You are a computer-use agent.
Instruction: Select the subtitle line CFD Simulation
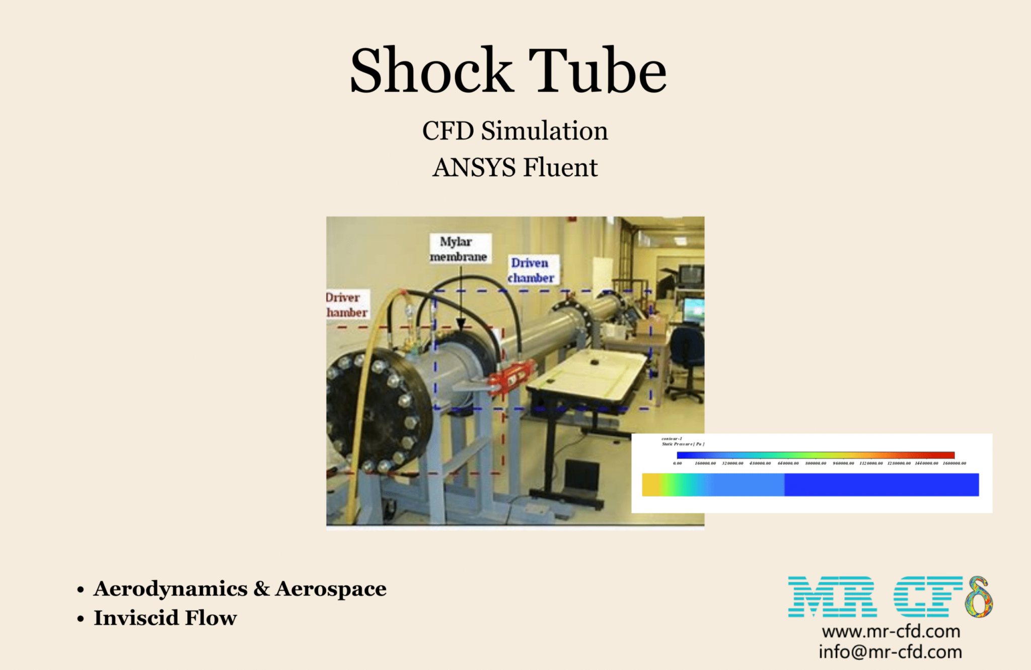(515, 131)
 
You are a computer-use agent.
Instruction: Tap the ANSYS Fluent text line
(515, 167)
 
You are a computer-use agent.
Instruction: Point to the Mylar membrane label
(458, 249)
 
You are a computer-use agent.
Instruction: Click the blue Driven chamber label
(531, 270)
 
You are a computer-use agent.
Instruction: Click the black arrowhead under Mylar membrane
(461, 323)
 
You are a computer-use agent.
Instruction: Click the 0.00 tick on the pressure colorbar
(678, 463)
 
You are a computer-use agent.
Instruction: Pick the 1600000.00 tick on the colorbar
(954, 463)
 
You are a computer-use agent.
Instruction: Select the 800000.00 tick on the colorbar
(816, 463)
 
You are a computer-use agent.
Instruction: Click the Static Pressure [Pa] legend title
(683, 444)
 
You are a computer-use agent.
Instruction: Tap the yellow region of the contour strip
(650, 485)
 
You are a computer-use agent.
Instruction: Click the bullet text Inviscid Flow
(165, 618)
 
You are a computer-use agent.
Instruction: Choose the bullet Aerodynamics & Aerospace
(240, 589)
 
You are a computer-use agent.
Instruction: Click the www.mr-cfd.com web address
(891, 631)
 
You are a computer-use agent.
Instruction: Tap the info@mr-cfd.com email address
(890, 652)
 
